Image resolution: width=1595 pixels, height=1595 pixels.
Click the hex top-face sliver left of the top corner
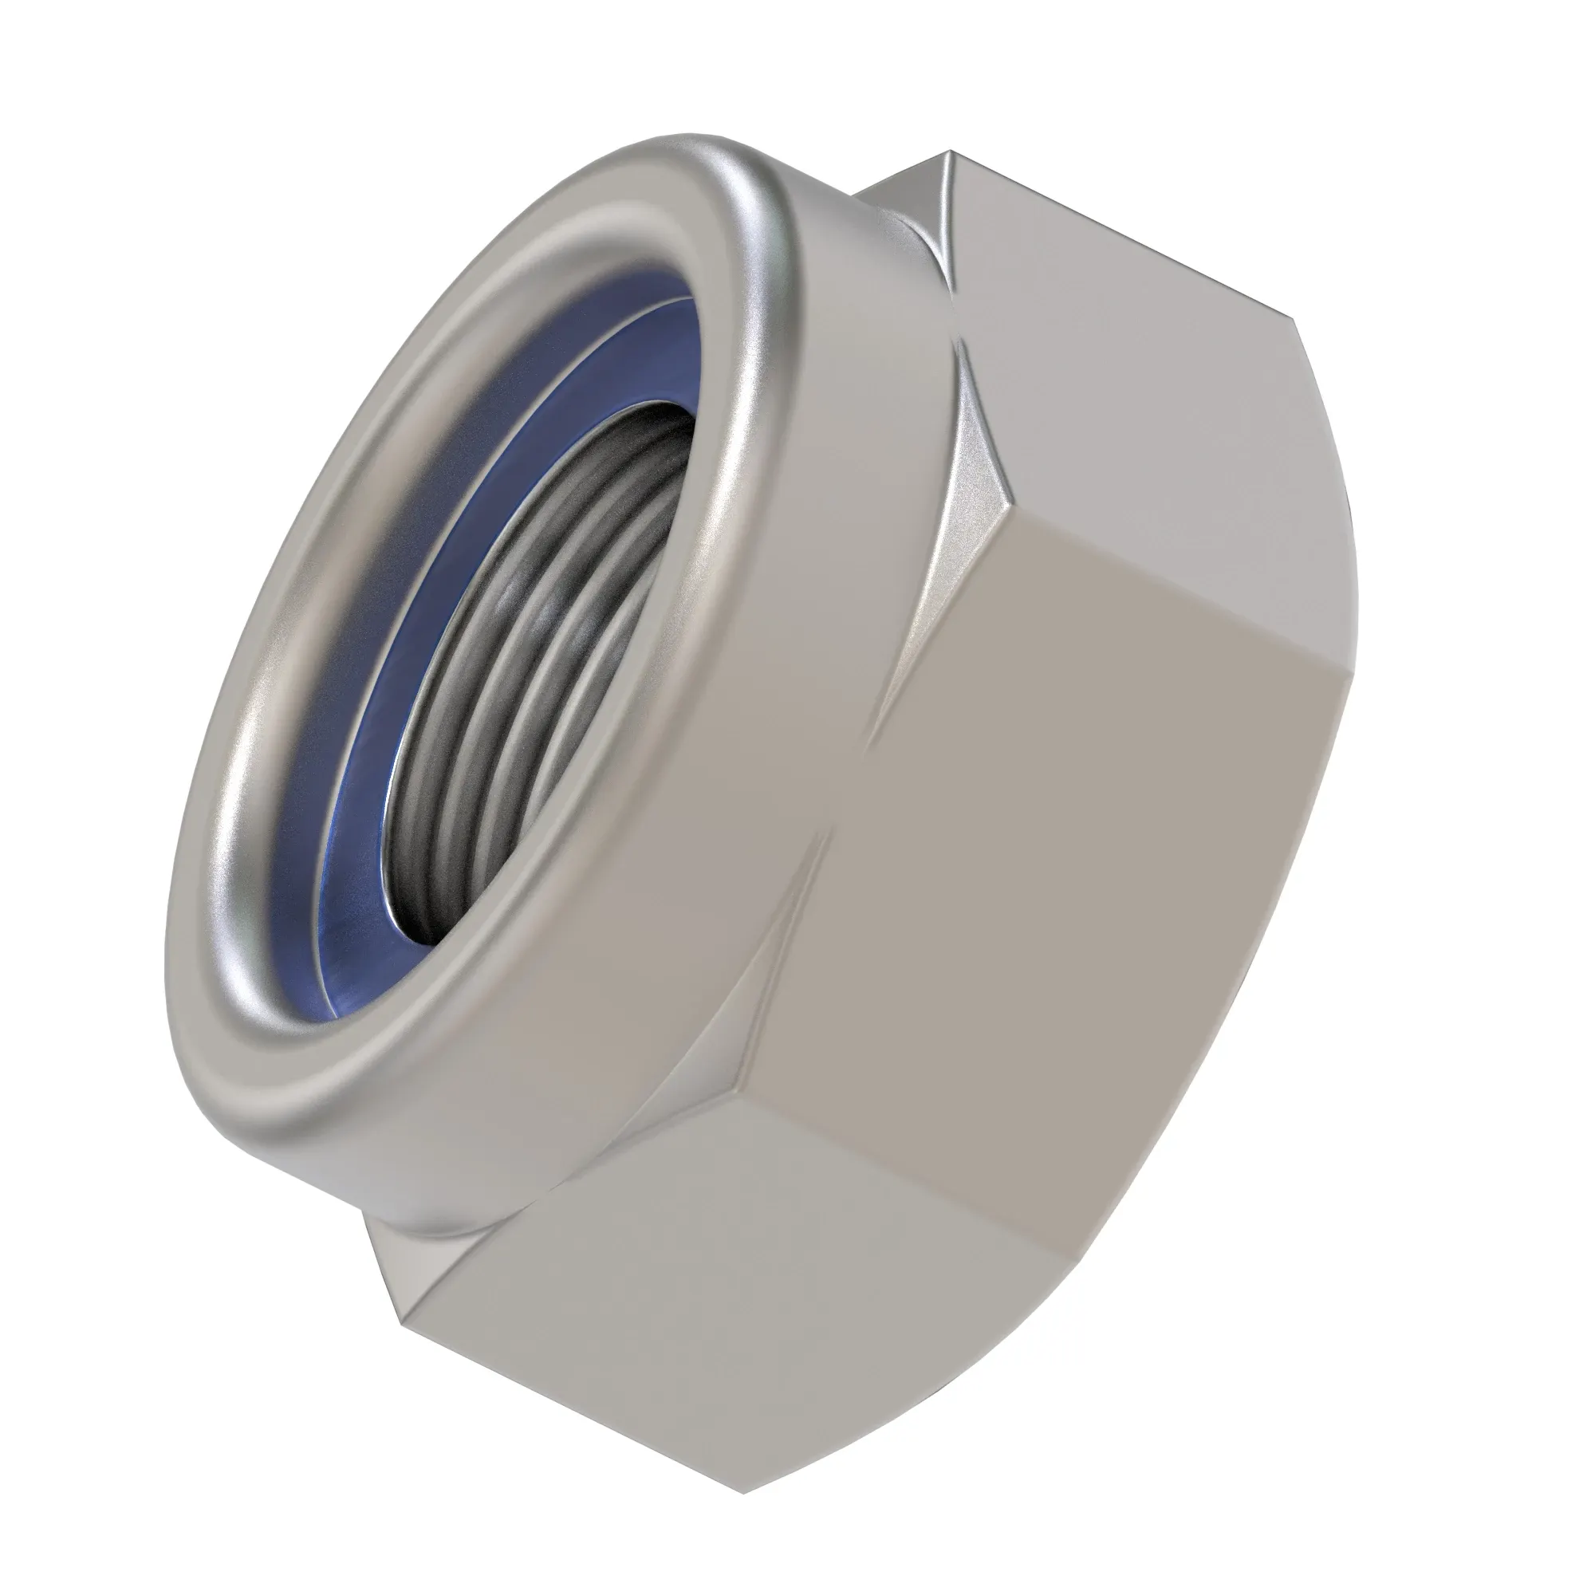click(x=900, y=190)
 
